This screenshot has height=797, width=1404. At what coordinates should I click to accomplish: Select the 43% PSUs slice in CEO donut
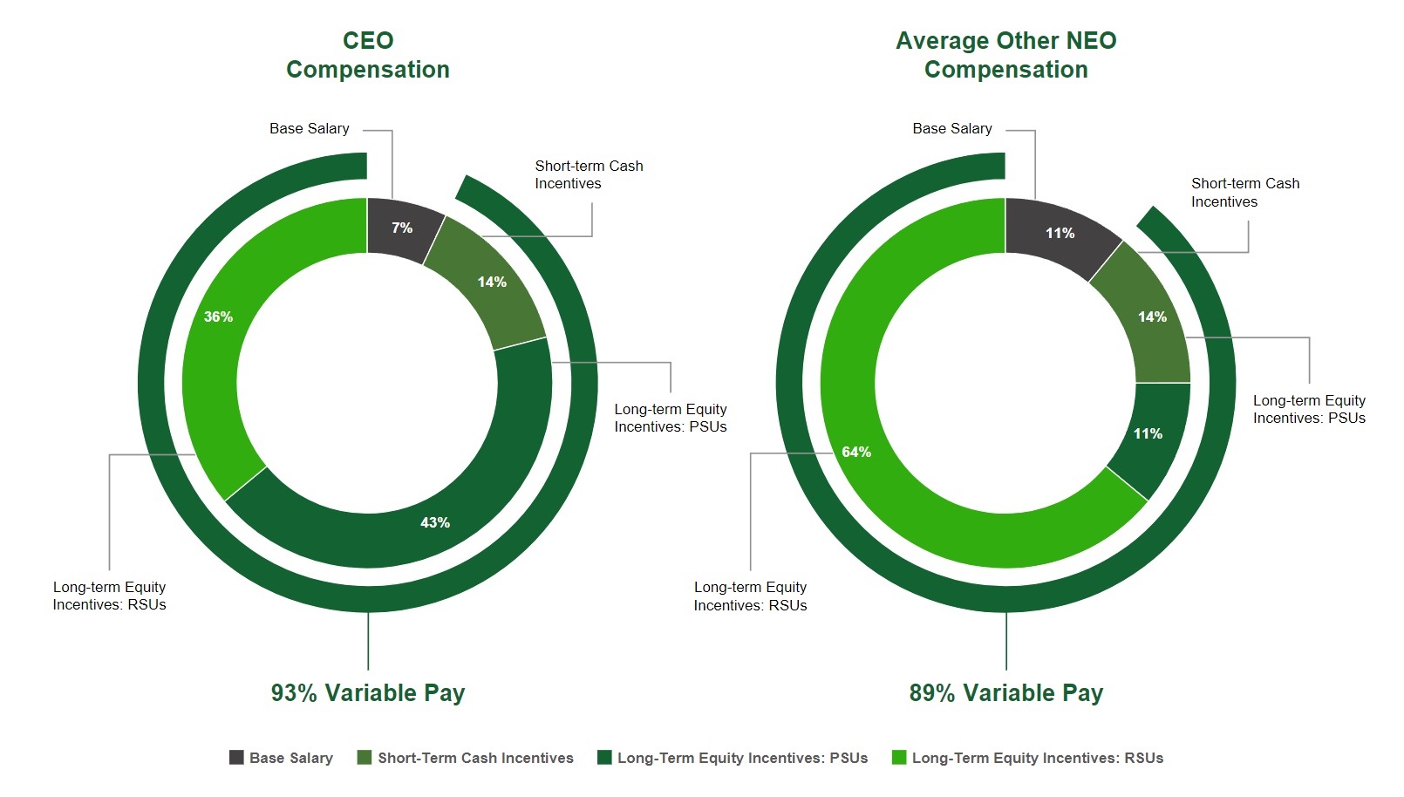click(434, 521)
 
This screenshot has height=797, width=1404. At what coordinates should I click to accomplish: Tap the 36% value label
click(218, 317)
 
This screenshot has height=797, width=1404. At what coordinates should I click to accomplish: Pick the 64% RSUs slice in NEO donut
click(856, 452)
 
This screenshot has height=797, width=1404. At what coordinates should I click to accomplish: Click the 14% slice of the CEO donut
click(491, 282)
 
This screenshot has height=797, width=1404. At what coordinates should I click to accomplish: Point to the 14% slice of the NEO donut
click(1151, 317)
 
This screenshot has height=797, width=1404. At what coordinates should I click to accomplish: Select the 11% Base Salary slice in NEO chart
click(1060, 233)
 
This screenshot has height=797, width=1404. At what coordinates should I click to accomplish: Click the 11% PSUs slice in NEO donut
click(1148, 433)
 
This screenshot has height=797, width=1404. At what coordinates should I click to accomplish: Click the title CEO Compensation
click(367, 55)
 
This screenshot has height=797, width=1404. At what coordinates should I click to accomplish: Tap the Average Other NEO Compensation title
click(1005, 55)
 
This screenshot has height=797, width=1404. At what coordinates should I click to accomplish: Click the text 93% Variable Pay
click(367, 692)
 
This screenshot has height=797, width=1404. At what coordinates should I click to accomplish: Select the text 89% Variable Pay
click(1005, 692)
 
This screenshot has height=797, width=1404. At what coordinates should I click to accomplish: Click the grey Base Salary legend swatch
click(236, 758)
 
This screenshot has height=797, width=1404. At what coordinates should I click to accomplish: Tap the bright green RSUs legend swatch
click(899, 758)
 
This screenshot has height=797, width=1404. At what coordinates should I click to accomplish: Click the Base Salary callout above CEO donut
click(309, 128)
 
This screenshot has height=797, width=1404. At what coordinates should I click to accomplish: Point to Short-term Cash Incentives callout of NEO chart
click(1244, 192)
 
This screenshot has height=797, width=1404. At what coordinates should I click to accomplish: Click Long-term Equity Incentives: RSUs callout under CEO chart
click(109, 596)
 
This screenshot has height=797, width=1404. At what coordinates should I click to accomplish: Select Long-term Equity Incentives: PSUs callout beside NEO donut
click(1308, 409)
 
